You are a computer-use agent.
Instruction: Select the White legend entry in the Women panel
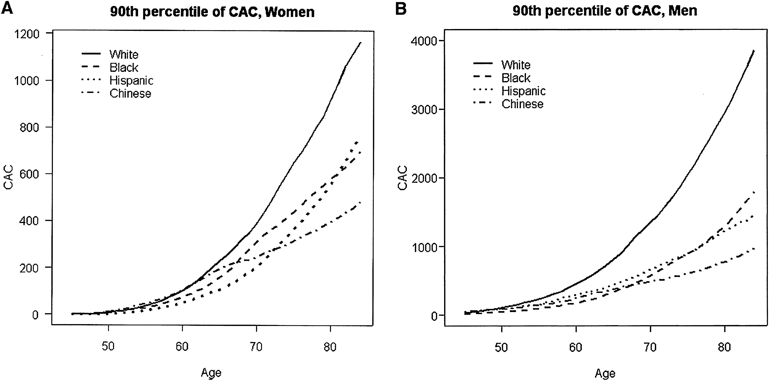pos(124,54)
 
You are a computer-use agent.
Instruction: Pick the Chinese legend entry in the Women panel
pos(130,94)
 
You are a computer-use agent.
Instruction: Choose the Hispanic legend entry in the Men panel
pos(523,91)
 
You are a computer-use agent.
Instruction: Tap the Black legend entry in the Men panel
pos(516,78)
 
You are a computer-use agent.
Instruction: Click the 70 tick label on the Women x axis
pos(256,347)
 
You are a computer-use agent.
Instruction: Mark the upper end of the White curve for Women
pos(361,43)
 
